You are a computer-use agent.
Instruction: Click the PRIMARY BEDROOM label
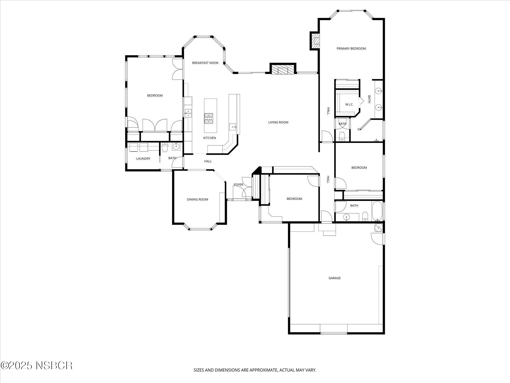(351, 49)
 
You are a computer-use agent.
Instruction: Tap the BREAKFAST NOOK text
(205, 63)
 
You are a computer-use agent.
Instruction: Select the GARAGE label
(334, 278)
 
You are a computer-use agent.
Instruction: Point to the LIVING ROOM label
(278, 122)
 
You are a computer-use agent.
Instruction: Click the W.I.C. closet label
(349, 104)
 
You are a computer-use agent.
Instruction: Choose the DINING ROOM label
(197, 199)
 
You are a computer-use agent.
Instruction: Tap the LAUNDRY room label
(143, 159)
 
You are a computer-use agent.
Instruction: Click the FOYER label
(238, 185)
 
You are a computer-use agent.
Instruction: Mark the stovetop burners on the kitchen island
(208, 118)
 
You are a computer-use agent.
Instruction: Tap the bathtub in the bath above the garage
(376, 211)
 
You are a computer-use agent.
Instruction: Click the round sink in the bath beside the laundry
(176, 147)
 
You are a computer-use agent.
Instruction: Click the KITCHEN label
(209, 138)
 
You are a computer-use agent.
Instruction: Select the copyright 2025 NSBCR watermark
(36, 365)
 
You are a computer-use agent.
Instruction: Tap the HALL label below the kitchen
(208, 161)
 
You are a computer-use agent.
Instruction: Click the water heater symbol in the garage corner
(379, 227)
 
